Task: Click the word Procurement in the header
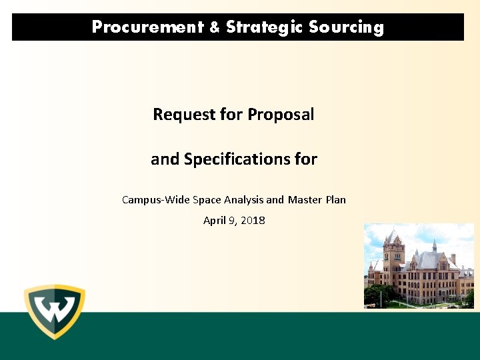pos(147,27)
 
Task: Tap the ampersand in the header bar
pos(214,27)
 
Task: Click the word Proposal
pos(281,115)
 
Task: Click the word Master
pos(305,199)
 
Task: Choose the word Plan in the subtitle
pos(336,199)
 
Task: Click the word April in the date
pos(214,221)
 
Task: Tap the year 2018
pos(253,221)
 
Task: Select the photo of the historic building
pos(419,266)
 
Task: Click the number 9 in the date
pos(231,221)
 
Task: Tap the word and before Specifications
pos(165,159)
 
